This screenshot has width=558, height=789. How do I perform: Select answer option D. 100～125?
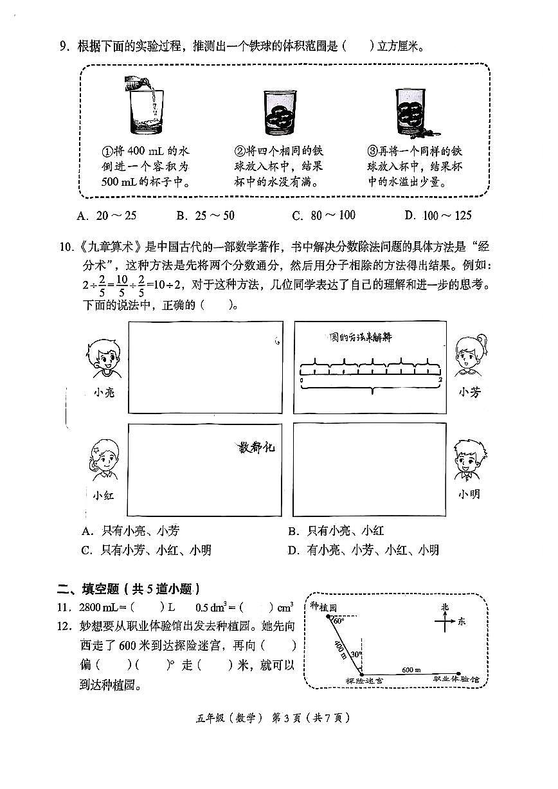pos(438,216)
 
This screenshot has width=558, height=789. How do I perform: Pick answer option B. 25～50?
pos(206,216)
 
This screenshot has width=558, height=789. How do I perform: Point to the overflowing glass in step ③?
pos(411,112)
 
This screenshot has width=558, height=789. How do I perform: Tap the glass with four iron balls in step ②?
pos(280,113)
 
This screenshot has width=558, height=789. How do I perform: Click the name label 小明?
pos(469,494)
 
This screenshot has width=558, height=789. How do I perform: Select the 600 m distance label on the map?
pos(411,669)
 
